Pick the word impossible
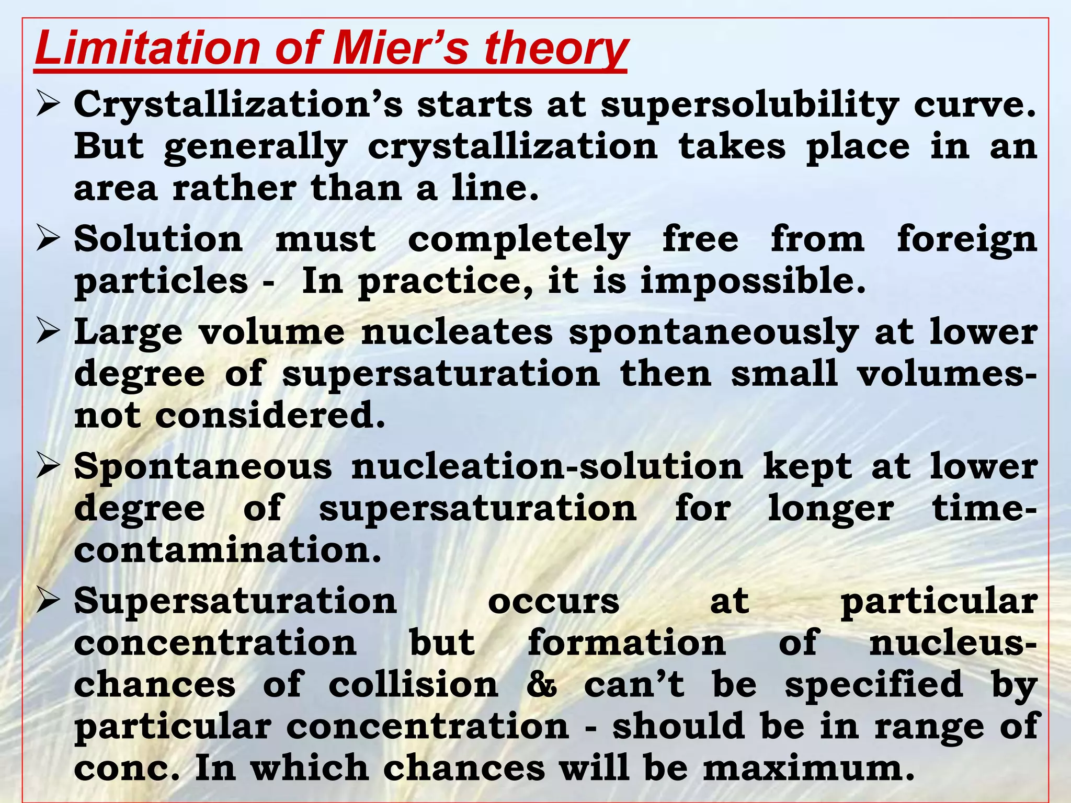[753, 281]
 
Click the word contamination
[228, 550]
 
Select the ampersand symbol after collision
[541, 685]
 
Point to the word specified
[874, 685]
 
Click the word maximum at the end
[808, 768]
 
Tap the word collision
[413, 685]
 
